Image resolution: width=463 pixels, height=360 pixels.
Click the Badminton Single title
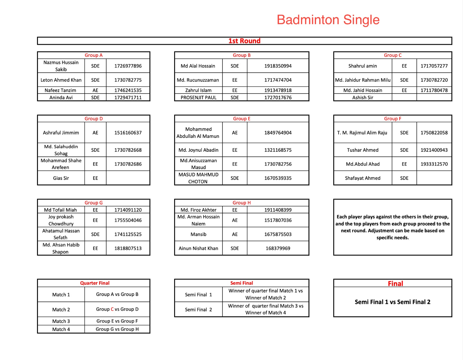(x=328, y=20)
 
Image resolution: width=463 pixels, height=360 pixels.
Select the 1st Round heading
(x=244, y=41)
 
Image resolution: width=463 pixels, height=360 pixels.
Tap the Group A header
(x=93, y=55)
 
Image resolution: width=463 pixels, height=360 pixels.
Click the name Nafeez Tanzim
(x=60, y=90)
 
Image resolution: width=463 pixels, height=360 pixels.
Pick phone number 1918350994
(x=278, y=66)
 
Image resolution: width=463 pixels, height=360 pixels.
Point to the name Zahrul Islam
(x=198, y=90)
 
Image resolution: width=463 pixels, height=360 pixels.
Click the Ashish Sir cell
(x=363, y=98)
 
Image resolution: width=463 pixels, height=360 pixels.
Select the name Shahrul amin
(x=363, y=66)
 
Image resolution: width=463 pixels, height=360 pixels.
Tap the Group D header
(x=93, y=118)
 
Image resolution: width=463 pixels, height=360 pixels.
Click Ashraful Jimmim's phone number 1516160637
(x=128, y=133)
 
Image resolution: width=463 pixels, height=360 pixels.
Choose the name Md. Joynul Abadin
(x=198, y=150)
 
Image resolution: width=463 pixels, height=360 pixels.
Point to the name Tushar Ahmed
(x=363, y=150)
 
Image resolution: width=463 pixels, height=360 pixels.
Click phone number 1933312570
(x=434, y=164)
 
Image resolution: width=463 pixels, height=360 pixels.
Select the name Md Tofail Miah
(x=60, y=210)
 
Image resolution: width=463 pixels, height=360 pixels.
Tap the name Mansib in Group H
(x=198, y=234)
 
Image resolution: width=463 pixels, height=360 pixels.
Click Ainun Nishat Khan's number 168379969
(x=278, y=248)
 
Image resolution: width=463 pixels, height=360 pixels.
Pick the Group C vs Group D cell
(x=117, y=309)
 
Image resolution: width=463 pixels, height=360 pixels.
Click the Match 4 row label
(x=61, y=329)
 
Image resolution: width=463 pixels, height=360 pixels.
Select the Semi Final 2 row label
(x=198, y=310)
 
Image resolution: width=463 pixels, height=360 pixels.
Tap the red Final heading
(x=395, y=284)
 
